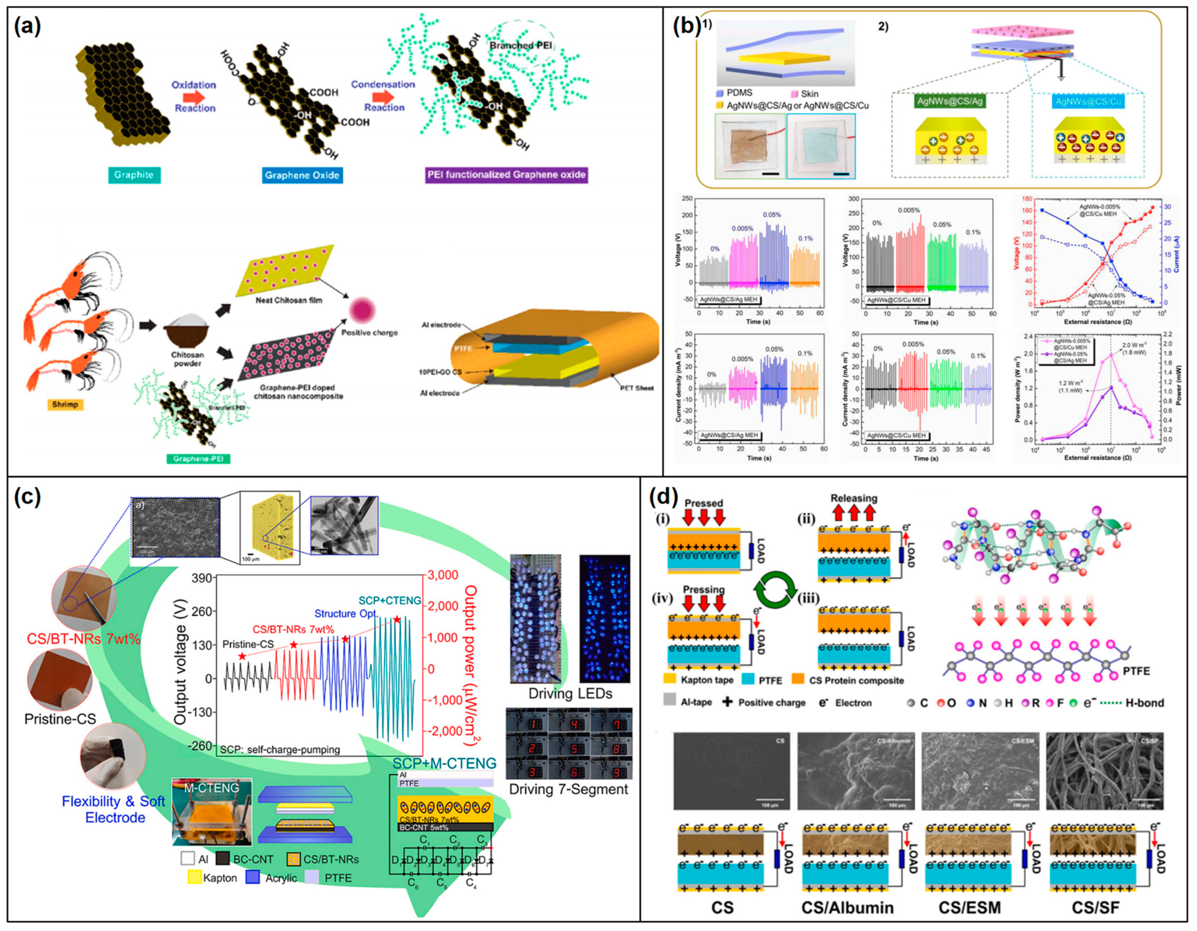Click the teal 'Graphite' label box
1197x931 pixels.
point(134,175)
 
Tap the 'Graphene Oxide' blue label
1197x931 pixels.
point(302,175)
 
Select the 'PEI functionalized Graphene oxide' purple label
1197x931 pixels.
point(507,175)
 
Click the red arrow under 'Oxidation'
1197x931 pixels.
point(193,97)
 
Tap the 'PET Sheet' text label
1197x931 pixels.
point(638,388)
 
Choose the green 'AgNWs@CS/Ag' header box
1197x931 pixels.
point(950,102)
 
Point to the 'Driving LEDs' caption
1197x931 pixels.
point(570,693)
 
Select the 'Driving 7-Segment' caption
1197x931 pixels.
point(568,789)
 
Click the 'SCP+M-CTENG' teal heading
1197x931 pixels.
point(444,763)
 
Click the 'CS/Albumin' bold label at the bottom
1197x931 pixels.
point(847,907)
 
